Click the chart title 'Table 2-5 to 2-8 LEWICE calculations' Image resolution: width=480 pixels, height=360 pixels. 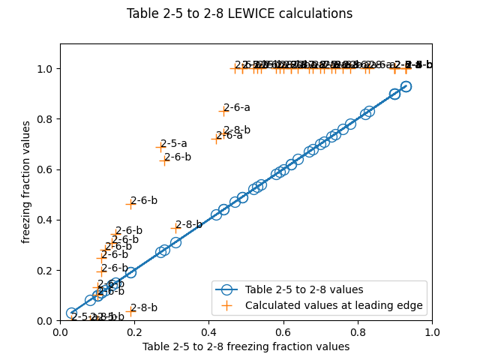click(x=239, y=13)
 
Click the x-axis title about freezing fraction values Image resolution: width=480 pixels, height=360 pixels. click(x=246, y=346)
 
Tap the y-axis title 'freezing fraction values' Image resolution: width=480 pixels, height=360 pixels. click(x=26, y=182)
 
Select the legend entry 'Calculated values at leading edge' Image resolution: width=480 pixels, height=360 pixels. click(x=334, y=305)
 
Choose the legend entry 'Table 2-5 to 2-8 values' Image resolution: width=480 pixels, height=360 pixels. click(x=304, y=289)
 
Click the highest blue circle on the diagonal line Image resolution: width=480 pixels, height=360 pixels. click(x=406, y=86)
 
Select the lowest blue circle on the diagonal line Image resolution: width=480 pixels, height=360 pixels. click(x=71, y=313)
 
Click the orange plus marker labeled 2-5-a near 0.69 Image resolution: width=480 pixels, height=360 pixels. click(x=160, y=147)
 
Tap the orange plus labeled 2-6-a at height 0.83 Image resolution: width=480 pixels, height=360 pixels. click(x=223, y=111)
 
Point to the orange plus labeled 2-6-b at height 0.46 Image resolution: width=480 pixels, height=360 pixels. click(x=130, y=204)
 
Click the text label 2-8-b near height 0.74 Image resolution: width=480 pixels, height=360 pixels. click(x=237, y=130)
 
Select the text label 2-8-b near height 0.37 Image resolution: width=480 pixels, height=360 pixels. click(x=189, y=224)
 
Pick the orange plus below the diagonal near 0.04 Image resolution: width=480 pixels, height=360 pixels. click(x=130, y=311)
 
